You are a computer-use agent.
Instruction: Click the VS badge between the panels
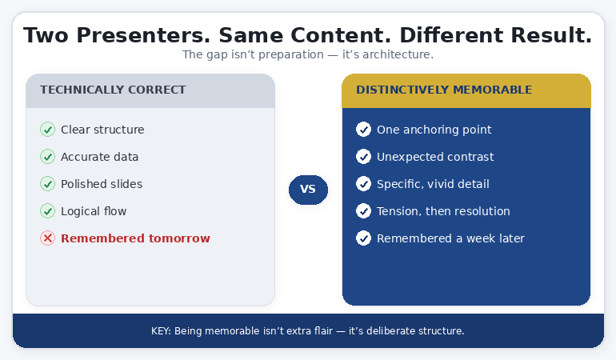[308, 190]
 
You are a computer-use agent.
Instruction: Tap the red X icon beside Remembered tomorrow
[47, 238]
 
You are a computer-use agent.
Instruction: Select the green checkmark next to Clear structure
[47, 130]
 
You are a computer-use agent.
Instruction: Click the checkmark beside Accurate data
[47, 157]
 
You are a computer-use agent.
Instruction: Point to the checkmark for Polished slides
[47, 184]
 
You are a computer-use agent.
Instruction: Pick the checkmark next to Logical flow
[47, 211]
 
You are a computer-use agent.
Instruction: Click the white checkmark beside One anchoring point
[363, 130]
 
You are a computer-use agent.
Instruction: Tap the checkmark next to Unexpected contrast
[363, 157]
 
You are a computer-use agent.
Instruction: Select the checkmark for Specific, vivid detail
[363, 184]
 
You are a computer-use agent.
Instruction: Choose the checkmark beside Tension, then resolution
[363, 211]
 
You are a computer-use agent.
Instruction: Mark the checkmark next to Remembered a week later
[363, 238]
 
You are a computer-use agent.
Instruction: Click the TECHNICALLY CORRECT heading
[113, 90]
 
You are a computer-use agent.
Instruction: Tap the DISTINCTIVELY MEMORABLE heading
[444, 90]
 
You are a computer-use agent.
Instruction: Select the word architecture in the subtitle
[396, 55]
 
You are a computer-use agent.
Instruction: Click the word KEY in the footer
[160, 331]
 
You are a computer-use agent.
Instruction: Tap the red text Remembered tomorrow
[135, 238]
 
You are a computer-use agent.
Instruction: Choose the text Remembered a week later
[450, 238]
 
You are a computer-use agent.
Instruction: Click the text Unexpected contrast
[435, 157]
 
